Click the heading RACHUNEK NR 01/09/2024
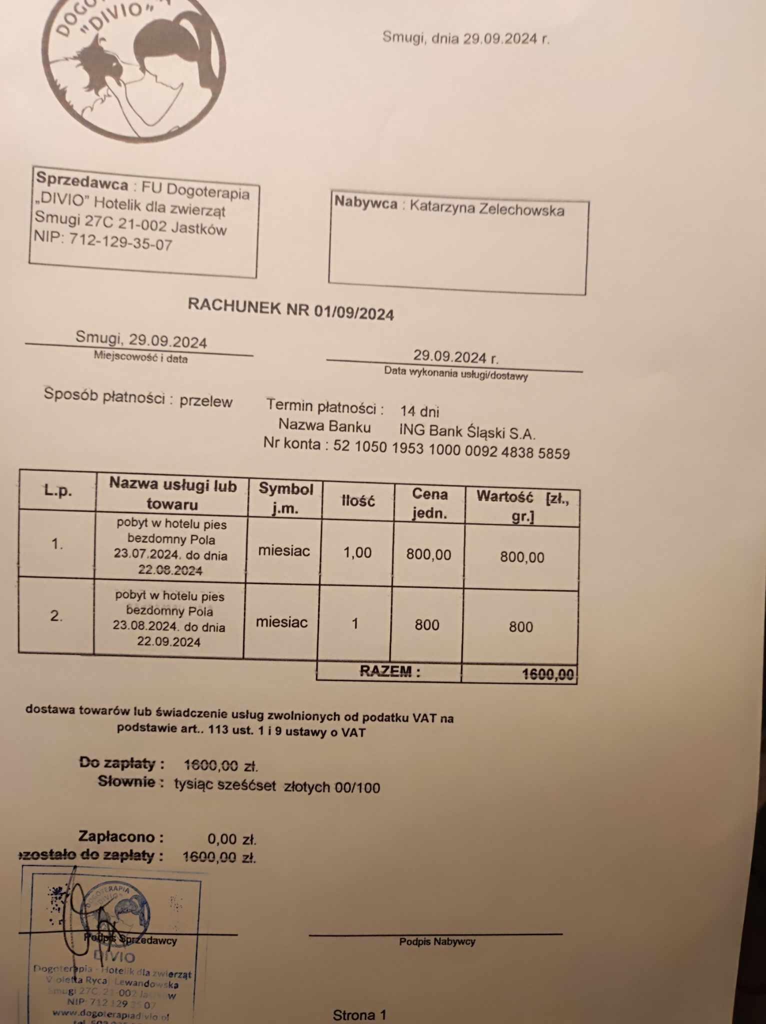(290, 308)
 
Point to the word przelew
(206, 401)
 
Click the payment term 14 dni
(419, 411)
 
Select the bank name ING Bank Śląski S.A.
(467, 431)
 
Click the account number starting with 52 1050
(451, 449)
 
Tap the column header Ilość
(358, 500)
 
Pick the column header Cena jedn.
(429, 503)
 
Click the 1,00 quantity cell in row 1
(357, 552)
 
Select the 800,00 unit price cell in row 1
(428, 554)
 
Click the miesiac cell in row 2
(281, 622)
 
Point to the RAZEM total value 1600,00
(547, 674)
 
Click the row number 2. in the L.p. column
(56, 616)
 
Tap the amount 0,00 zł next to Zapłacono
(231, 838)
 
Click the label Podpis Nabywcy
(437, 941)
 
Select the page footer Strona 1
(359, 1015)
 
